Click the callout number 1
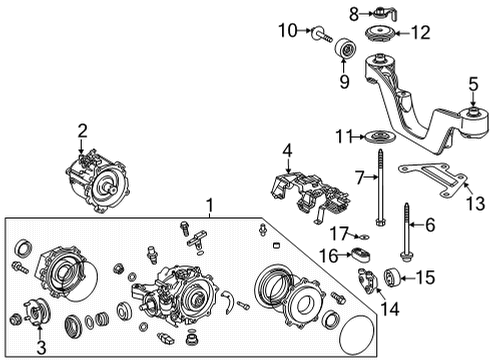pyautogui.click(x=209, y=207)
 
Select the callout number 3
pyautogui.click(x=41, y=347)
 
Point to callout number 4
pyautogui.click(x=286, y=152)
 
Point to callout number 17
pyautogui.click(x=339, y=234)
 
